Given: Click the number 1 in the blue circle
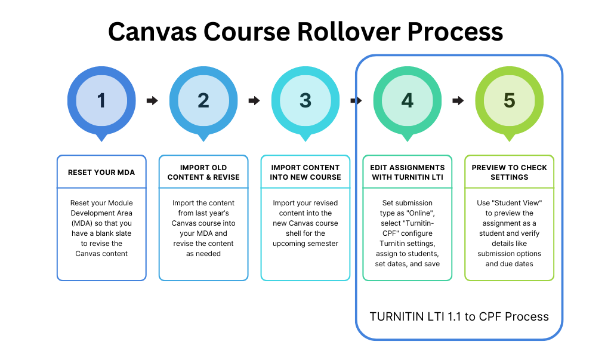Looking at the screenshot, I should [101, 100].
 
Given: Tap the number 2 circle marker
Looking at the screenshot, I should [203, 100].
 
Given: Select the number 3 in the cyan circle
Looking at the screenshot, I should [305, 100].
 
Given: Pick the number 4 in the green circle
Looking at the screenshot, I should [408, 100].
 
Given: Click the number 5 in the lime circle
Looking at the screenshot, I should [509, 100].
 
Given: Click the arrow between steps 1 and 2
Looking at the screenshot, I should [152, 100].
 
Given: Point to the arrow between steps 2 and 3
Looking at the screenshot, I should [254, 100].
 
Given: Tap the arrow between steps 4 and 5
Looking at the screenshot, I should [458, 100].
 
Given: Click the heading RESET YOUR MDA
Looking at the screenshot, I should [101, 173].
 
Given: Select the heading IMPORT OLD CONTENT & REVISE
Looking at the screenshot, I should [203, 173].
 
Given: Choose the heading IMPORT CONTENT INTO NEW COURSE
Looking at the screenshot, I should [305, 173].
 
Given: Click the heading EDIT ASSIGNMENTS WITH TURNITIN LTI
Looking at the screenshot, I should [408, 173].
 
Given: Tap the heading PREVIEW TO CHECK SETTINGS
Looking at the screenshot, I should [509, 173].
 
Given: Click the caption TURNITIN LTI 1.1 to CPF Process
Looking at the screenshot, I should [459, 316].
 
